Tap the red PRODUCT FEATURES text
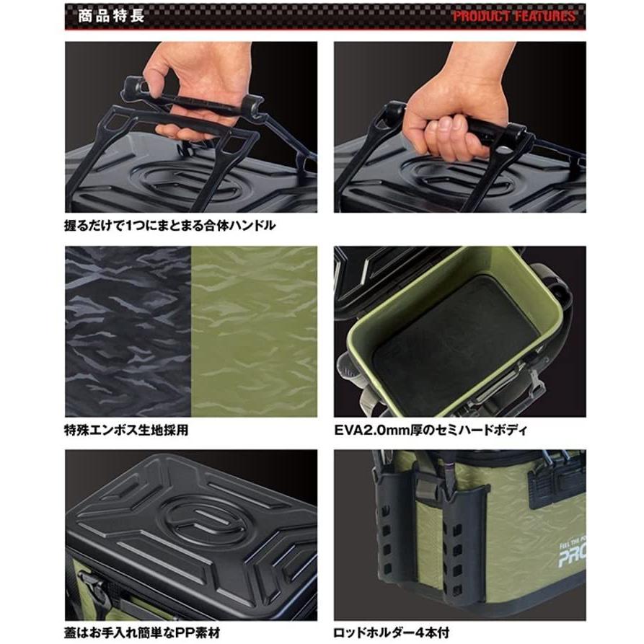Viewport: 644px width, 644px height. point(514,16)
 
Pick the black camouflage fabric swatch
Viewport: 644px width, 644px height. point(128,332)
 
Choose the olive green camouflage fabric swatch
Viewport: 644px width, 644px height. point(254,332)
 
